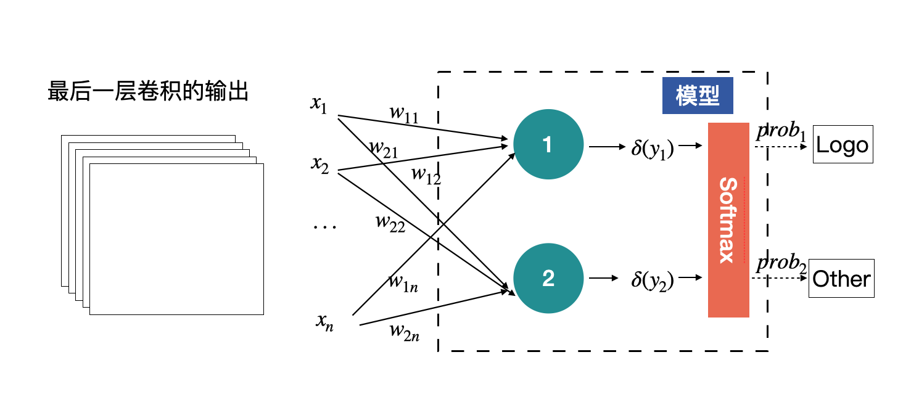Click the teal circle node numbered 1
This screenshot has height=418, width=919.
[548, 145]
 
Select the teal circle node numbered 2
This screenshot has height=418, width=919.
[548, 279]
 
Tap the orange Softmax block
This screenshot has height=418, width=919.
[728, 220]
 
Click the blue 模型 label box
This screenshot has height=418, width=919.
[698, 96]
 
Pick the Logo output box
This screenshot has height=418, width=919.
[843, 145]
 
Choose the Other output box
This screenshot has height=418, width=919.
[841, 279]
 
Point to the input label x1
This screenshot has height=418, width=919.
[319, 105]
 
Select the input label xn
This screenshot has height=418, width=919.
[324, 321]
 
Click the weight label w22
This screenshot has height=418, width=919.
[390, 223]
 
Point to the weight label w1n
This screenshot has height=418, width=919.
[403, 282]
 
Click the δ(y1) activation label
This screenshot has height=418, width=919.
[653, 149]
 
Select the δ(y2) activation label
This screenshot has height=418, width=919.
[653, 281]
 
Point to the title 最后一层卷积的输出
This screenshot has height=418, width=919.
[148, 92]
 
